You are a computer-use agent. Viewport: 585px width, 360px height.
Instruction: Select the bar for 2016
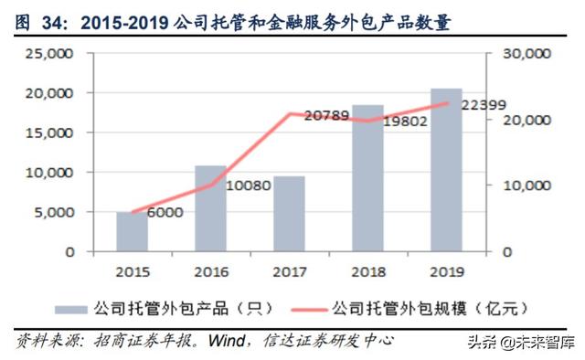[x=210, y=208]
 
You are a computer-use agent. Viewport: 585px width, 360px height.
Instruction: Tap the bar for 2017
[x=289, y=214]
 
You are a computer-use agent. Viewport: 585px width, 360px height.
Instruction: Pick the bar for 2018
[x=368, y=178]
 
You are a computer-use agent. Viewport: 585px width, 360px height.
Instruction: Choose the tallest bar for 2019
[x=447, y=170]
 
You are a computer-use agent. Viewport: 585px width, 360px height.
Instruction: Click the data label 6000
[x=165, y=213]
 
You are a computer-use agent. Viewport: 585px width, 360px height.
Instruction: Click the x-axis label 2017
[x=289, y=270]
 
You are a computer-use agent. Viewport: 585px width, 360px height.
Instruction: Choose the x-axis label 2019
[x=447, y=270]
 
